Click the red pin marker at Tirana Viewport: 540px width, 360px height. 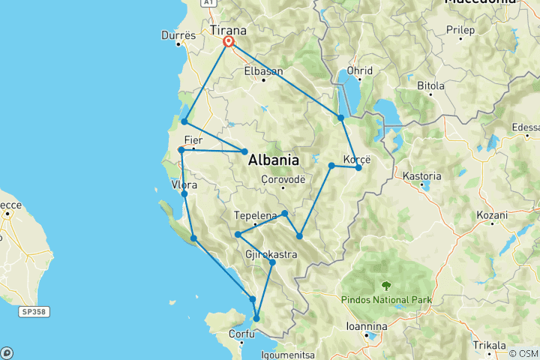(227, 42)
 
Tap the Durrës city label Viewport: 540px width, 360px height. (178, 35)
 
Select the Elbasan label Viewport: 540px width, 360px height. (263, 71)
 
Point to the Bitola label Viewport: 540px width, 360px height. (431, 86)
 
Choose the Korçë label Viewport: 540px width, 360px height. (356, 158)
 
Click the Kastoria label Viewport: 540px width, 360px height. (421, 176)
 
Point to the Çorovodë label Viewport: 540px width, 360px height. (283, 179)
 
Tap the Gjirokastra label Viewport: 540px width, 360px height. (271, 255)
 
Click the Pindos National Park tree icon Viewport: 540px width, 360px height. (386, 286)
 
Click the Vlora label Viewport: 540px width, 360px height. (184, 184)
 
